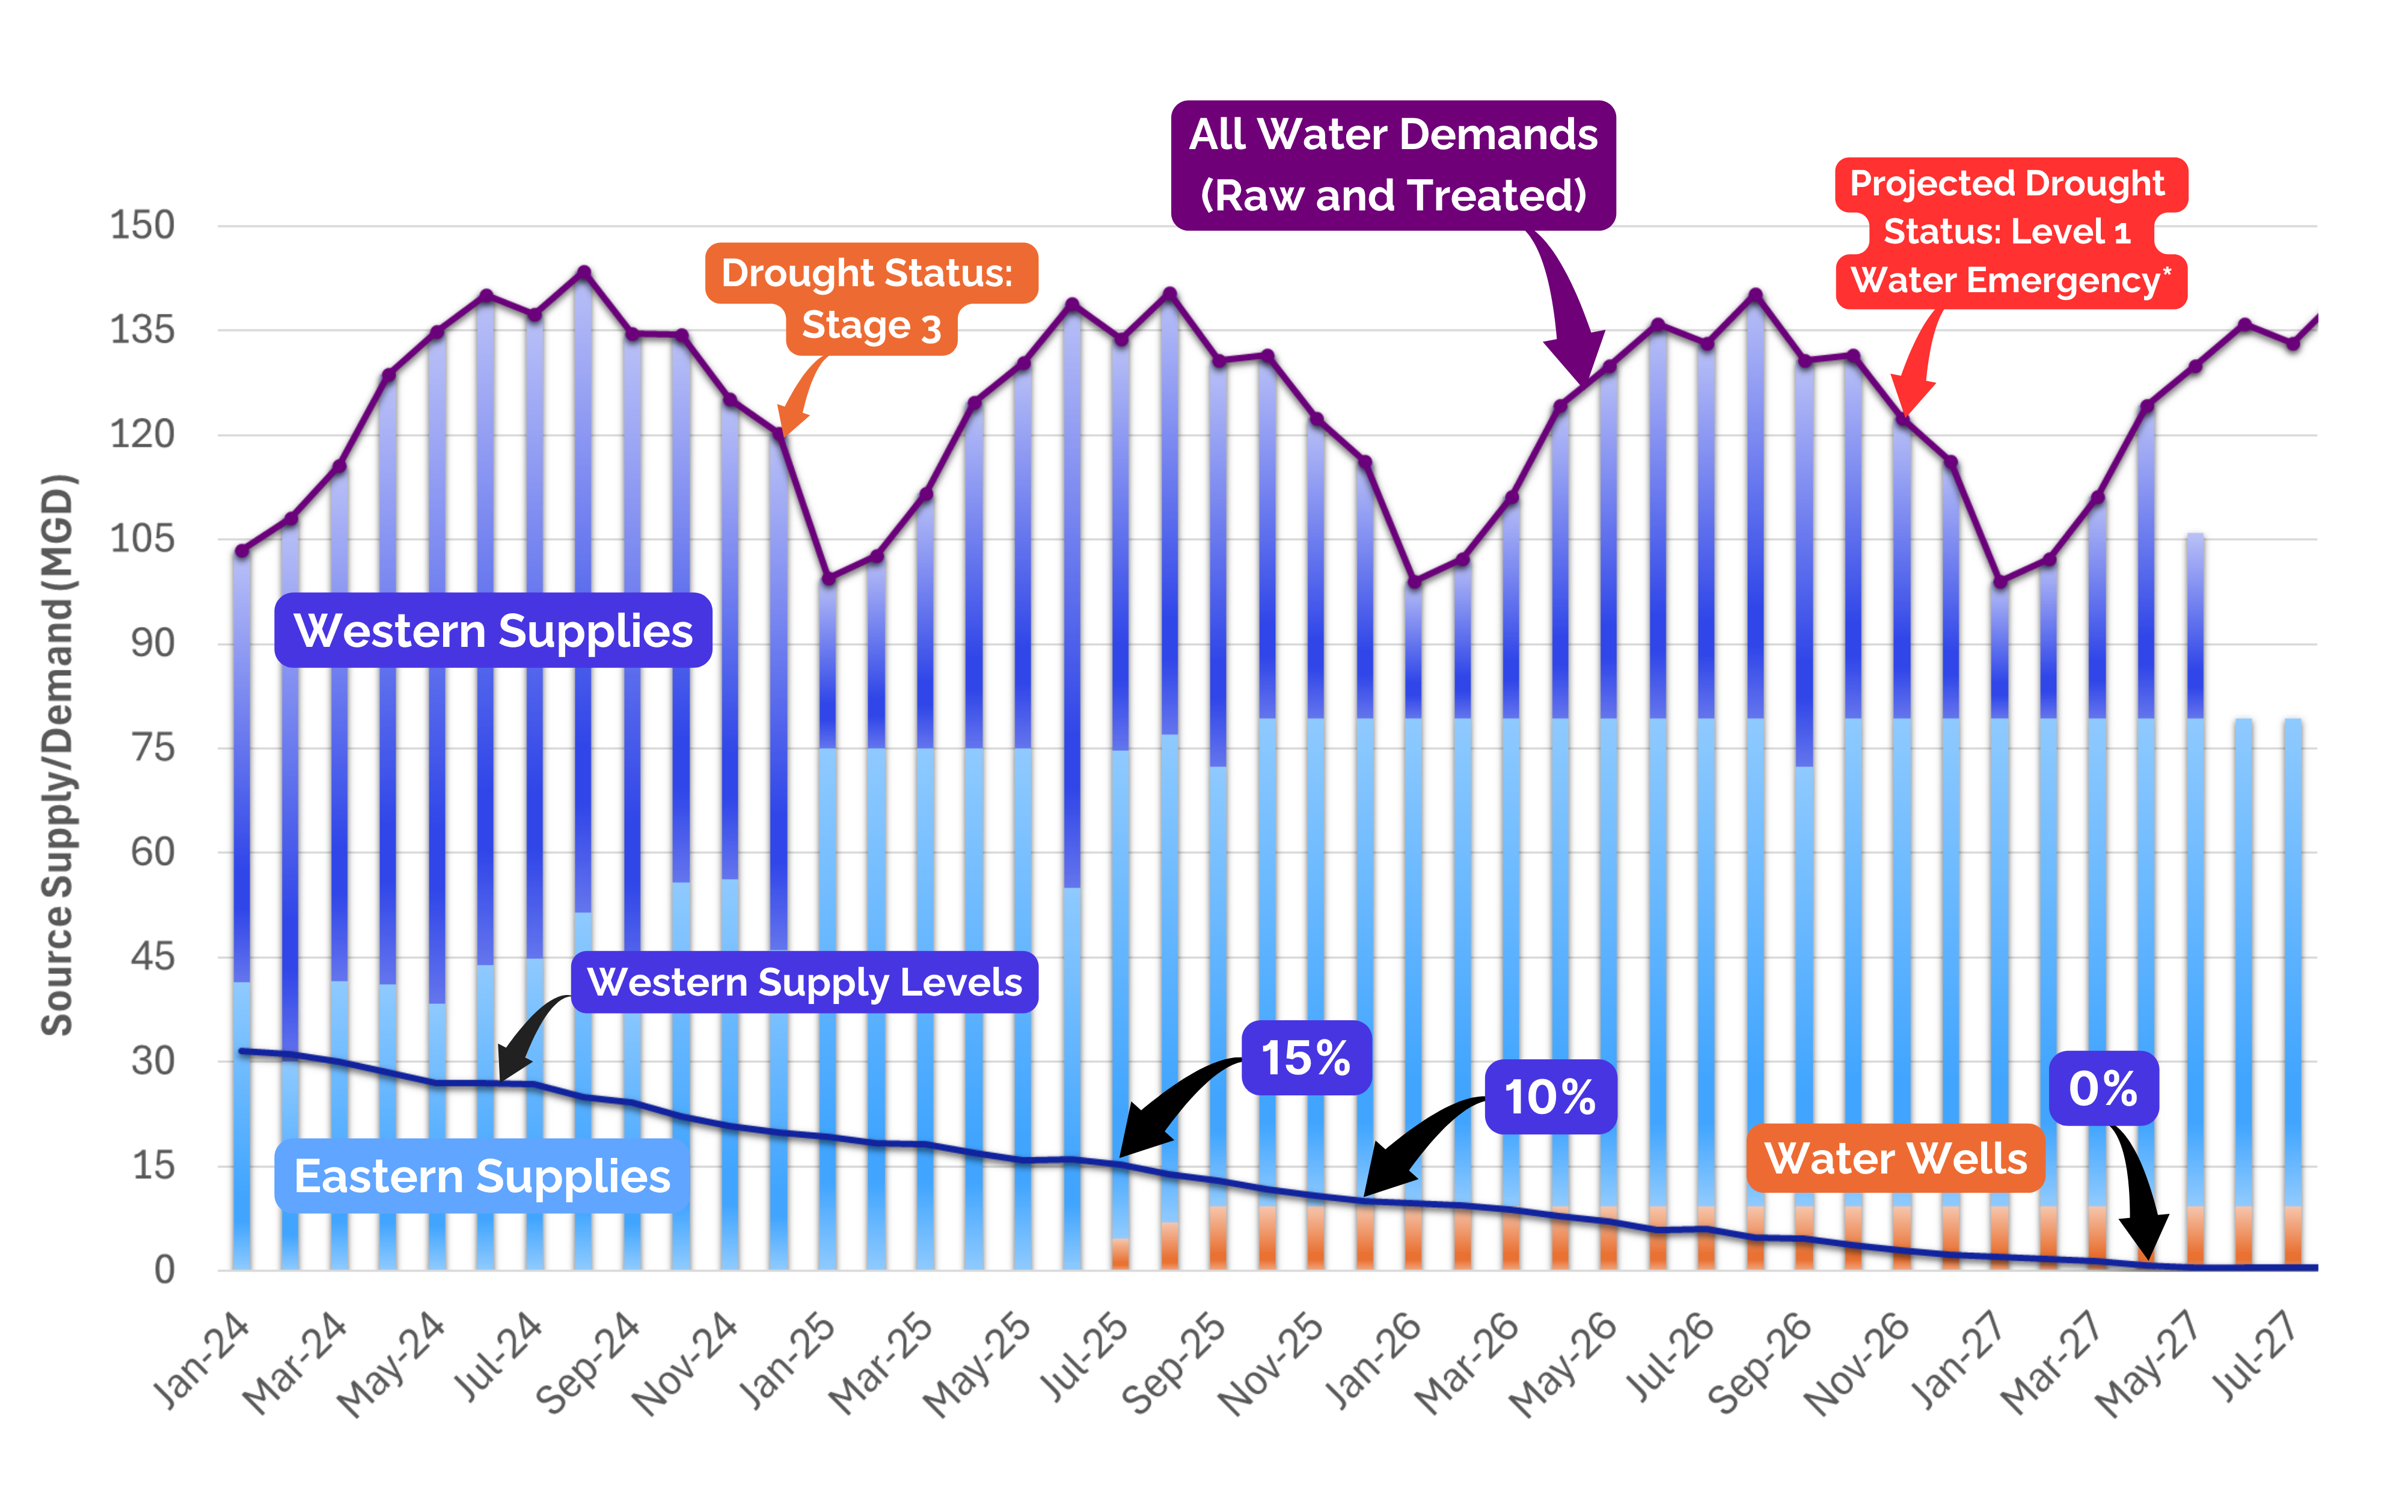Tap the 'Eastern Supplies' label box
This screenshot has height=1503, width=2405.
(x=482, y=1176)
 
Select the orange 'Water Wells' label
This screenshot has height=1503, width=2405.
(x=1895, y=1158)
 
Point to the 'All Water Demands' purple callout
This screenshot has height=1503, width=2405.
(x=1392, y=165)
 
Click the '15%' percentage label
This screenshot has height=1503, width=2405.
(x=1306, y=1058)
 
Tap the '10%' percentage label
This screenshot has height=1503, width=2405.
(x=1549, y=1097)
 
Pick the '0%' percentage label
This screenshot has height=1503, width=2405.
(x=2103, y=1089)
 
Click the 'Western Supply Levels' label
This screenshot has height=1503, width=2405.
(x=804, y=982)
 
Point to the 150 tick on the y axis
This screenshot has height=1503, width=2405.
(x=142, y=225)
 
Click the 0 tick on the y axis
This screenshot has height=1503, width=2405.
(x=165, y=1269)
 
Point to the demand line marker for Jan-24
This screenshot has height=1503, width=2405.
(x=242, y=551)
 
